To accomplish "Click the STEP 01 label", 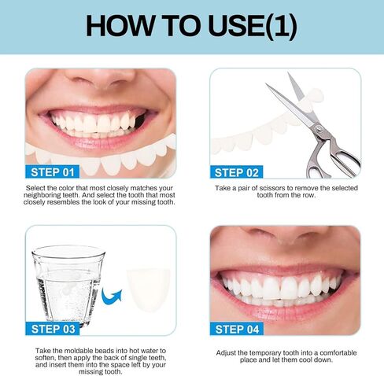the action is point(52,172).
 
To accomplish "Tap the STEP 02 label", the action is point(236,172).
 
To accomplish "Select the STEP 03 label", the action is point(53,329).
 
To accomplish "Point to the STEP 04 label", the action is point(237,329).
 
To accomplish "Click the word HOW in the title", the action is point(120,26).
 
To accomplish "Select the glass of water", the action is point(68,285).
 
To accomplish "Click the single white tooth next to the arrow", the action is point(148,290).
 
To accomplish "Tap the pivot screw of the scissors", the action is point(318,128).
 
